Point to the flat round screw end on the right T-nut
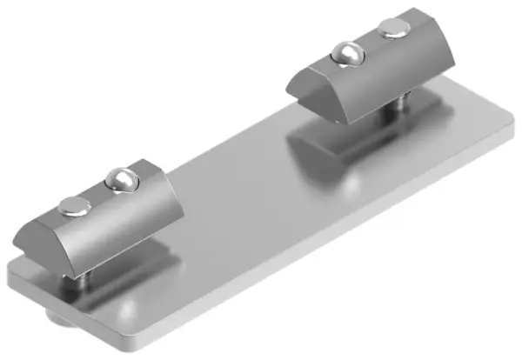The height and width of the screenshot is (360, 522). [x=392, y=32]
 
